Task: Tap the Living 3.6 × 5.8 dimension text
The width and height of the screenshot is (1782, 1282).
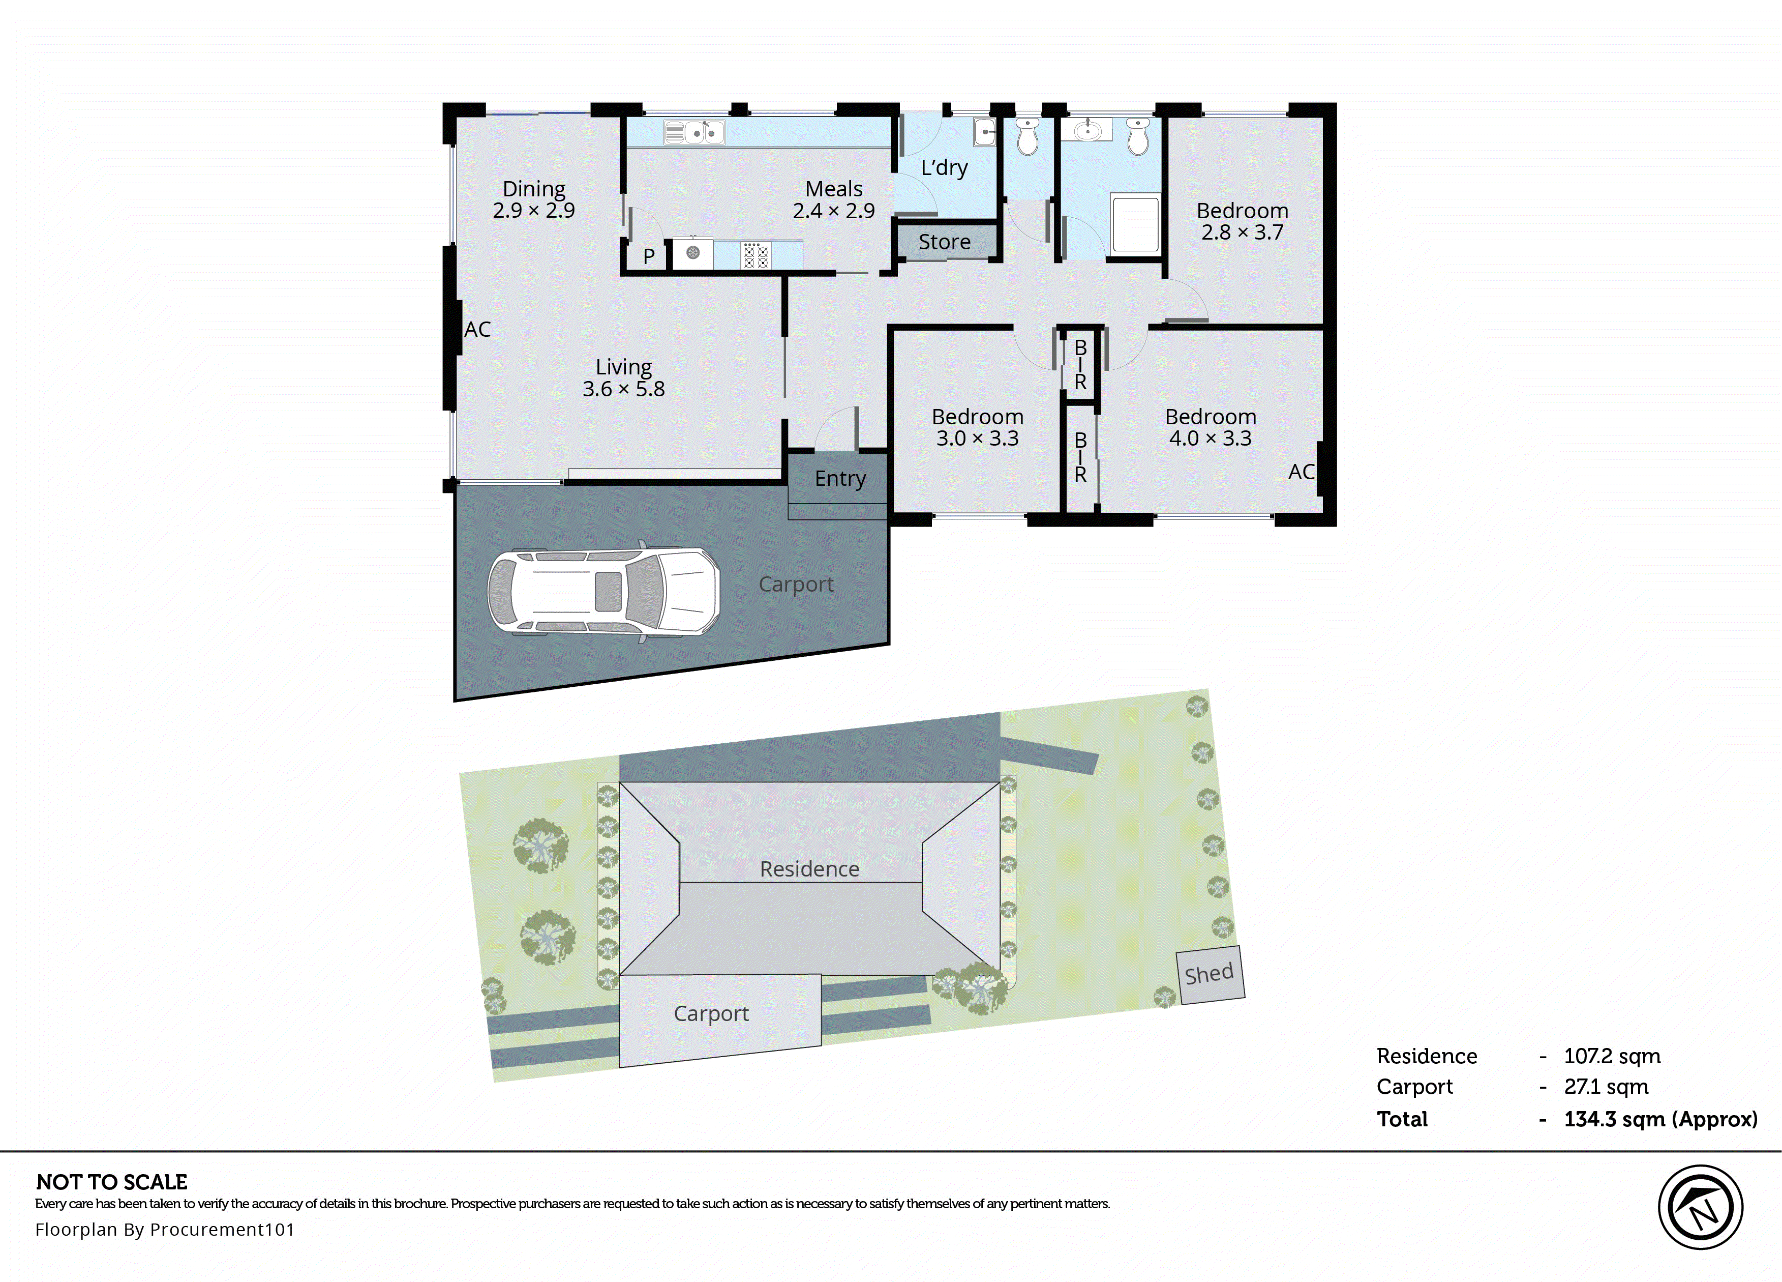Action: point(623,389)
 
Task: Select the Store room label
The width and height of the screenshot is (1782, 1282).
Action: point(945,242)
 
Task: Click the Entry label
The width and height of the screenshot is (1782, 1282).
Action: point(840,479)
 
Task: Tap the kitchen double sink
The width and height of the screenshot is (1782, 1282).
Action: point(694,132)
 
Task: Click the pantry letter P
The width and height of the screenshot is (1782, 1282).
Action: point(649,256)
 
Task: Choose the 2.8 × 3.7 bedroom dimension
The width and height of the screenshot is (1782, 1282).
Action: point(1242,232)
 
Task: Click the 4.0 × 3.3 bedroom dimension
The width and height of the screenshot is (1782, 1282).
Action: point(1210,439)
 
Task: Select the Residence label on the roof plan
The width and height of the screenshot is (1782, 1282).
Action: point(809,868)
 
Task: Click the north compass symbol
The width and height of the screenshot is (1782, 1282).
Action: point(1700,1207)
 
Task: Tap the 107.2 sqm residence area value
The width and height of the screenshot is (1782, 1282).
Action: point(1612,1057)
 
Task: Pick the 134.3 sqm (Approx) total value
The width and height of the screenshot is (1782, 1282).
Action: point(1659,1119)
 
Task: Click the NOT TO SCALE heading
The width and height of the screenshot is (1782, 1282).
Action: point(111,1182)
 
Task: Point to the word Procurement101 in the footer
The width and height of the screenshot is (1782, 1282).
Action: point(222,1229)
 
